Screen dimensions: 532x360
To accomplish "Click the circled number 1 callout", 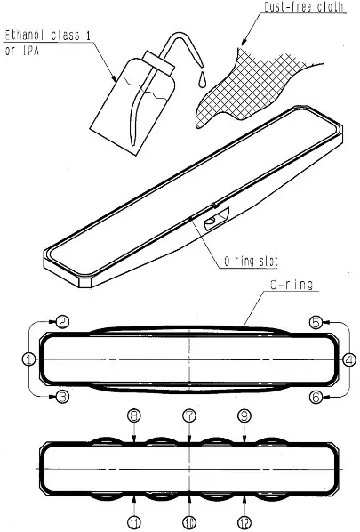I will click(x=29, y=359).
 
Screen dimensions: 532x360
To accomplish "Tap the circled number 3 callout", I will click(x=62, y=397).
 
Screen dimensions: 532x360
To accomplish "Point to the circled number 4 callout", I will click(x=349, y=359).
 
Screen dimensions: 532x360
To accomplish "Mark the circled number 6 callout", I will click(x=316, y=397).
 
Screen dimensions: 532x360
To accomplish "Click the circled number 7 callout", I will click(x=188, y=415).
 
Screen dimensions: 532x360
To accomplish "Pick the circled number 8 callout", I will click(x=132, y=415).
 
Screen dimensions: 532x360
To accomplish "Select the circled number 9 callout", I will click(x=244, y=415).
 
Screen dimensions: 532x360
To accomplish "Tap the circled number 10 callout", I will click(x=188, y=520).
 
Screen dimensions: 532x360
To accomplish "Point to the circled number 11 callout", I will click(x=132, y=520).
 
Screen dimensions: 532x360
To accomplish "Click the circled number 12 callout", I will click(x=244, y=520).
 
